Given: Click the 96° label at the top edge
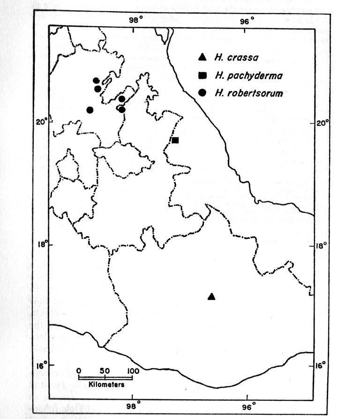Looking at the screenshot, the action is coord(247,21).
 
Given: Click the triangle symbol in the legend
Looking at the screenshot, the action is coord(202,58).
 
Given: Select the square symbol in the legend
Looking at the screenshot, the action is coord(202,75).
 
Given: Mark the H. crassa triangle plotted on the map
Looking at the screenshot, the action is coord(211,296).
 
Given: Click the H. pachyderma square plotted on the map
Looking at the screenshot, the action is coord(175,140).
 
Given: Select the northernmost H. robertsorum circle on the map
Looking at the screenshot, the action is coord(96,81).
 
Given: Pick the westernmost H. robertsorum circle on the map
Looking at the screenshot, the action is coord(90,110).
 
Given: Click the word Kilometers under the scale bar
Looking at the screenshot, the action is coord(106,385).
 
